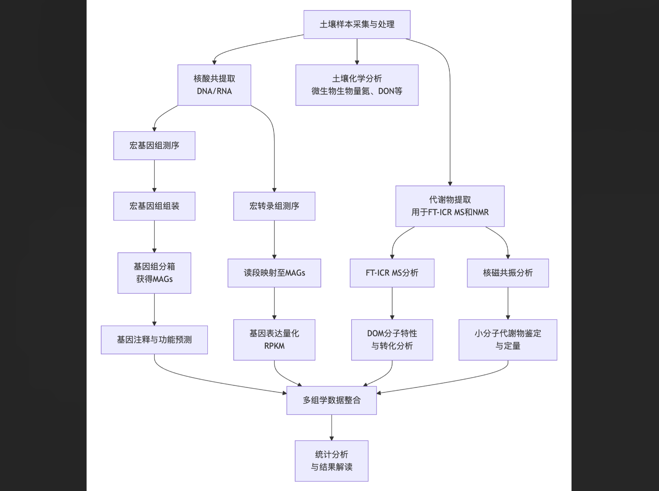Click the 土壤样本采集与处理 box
(x=357, y=25)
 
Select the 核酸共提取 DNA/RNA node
(x=214, y=85)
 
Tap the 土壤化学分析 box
(x=357, y=85)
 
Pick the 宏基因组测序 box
(x=154, y=146)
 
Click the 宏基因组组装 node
(x=154, y=206)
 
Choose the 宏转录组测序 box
(x=274, y=206)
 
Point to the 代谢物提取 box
(x=450, y=206)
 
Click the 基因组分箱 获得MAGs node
(x=154, y=273)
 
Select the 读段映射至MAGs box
(x=274, y=273)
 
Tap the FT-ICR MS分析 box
(x=392, y=273)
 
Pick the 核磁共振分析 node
(x=508, y=273)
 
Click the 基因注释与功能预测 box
(x=154, y=340)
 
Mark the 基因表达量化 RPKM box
(x=274, y=340)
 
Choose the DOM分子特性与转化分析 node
(x=392, y=340)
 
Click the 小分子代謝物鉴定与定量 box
(x=508, y=340)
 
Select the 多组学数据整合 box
(x=332, y=401)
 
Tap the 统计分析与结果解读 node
(x=332, y=461)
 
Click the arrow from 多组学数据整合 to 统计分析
(x=332, y=427)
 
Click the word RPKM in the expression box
(x=274, y=346)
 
